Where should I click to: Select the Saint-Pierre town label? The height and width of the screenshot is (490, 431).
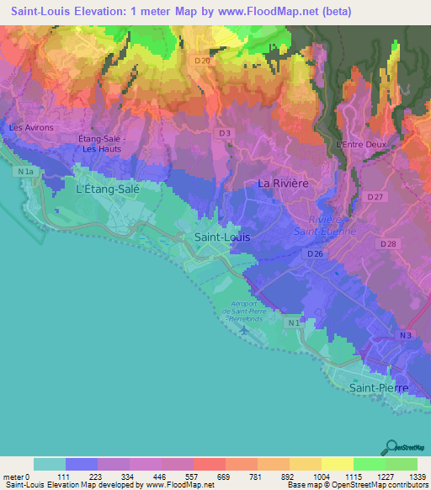point(378,387)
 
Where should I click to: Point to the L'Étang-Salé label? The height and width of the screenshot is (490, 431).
point(107,189)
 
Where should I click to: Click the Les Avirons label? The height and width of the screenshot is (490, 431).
point(31,128)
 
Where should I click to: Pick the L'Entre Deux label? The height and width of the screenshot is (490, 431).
point(361,144)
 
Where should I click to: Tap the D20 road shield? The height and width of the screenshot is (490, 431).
point(201,61)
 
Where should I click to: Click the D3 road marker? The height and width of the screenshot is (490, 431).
point(224,133)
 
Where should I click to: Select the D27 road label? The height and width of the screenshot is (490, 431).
point(375,197)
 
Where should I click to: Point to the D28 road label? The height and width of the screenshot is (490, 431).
point(388,244)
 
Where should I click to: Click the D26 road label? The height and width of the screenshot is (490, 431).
point(315,253)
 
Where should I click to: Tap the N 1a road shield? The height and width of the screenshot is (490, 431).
point(28,172)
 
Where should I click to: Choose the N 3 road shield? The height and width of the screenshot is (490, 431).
point(407,336)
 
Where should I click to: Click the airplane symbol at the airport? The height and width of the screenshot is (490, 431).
point(244,329)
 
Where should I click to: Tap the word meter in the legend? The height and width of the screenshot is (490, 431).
point(14,477)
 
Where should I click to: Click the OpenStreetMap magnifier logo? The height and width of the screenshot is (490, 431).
point(391,446)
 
